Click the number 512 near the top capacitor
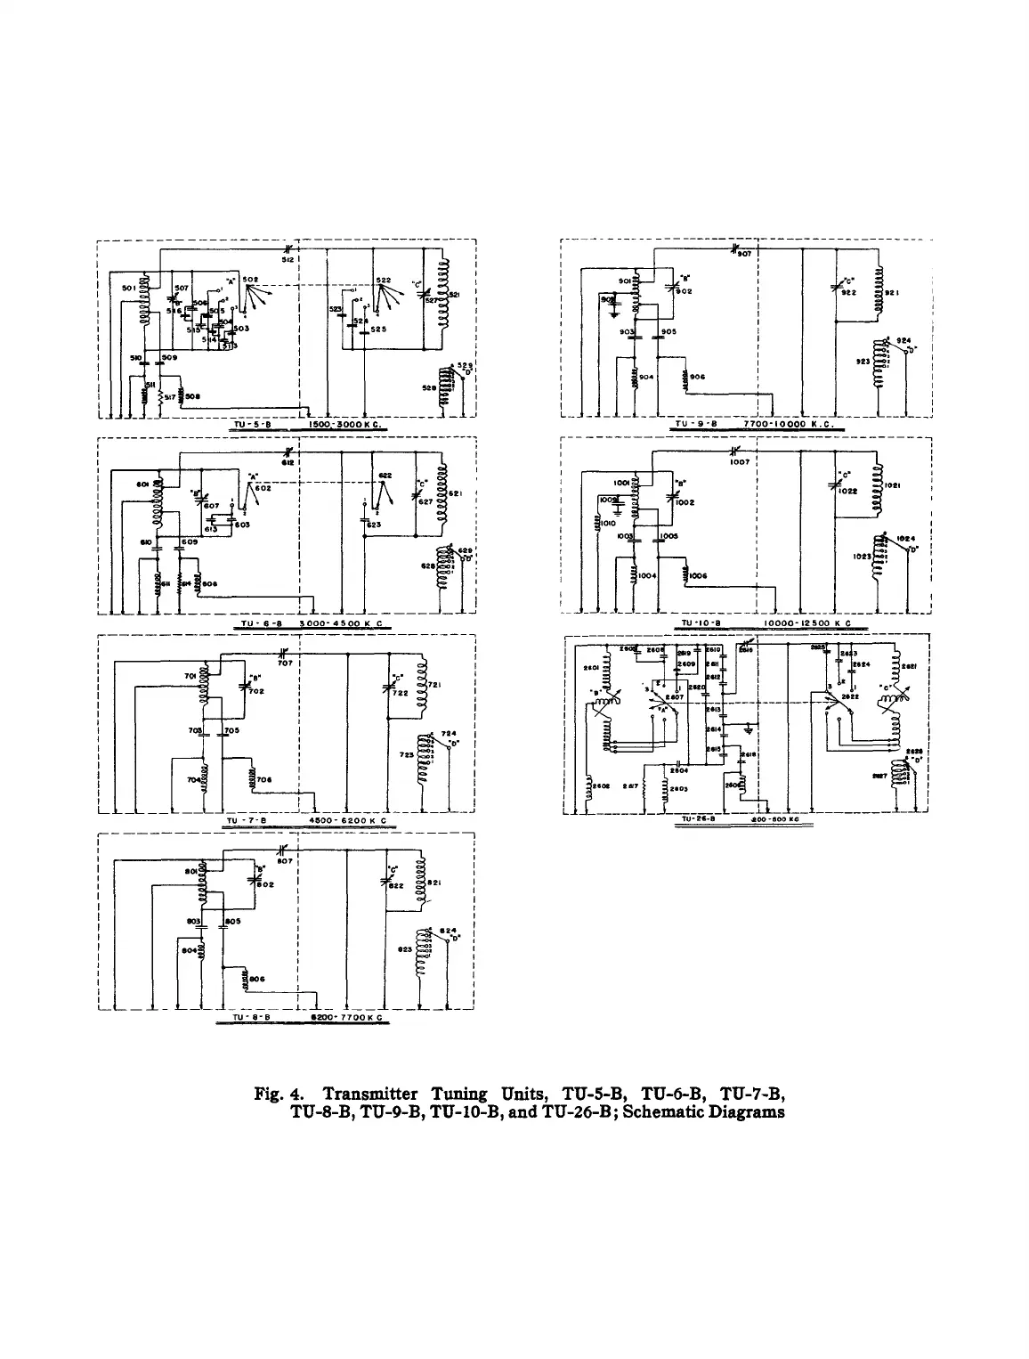point(289,259)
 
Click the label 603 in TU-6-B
point(242,525)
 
